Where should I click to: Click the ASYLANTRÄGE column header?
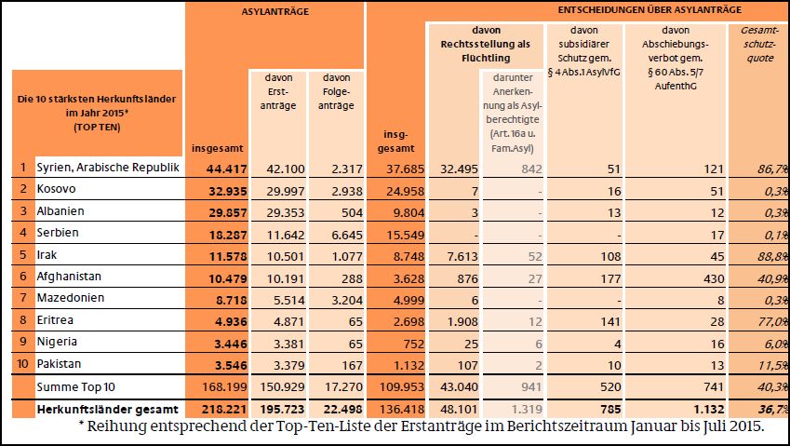274,12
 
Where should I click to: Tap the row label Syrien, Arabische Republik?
107,168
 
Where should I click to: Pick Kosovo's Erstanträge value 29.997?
275,189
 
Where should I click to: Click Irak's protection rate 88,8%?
757,254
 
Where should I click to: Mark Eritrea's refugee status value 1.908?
459,320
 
